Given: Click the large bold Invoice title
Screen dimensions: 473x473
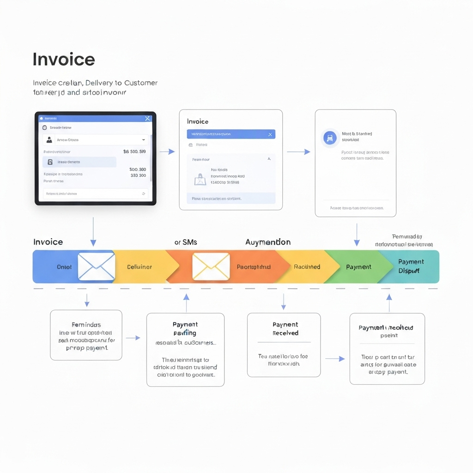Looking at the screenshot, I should click(x=64, y=60).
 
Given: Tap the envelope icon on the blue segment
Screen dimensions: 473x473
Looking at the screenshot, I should click(x=96, y=267).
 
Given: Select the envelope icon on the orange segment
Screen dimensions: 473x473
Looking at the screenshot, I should click(x=211, y=267).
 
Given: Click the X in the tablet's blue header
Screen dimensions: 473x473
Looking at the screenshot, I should click(x=147, y=119).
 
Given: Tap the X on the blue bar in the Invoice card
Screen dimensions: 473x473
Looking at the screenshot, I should click(x=270, y=134).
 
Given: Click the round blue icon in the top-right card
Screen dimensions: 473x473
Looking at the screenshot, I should click(x=330, y=137).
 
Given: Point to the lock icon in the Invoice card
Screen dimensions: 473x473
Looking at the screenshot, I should click(x=200, y=179).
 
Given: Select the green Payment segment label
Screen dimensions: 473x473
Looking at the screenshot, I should click(x=358, y=267).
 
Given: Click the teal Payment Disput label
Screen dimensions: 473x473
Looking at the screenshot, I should click(x=411, y=267).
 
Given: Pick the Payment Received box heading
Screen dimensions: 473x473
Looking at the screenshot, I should click(x=285, y=328).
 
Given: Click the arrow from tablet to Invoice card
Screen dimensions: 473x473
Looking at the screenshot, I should click(x=167, y=152).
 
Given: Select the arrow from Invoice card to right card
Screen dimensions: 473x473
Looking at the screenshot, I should click(x=298, y=152).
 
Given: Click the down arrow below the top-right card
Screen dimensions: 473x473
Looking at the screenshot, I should click(x=357, y=235).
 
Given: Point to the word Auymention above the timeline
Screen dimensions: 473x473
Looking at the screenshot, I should click(x=268, y=242).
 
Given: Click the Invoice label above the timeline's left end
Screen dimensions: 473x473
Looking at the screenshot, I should click(x=48, y=242).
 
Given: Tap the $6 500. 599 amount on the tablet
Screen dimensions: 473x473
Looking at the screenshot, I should click(x=134, y=152).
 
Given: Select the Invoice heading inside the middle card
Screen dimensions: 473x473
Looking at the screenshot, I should click(x=198, y=121).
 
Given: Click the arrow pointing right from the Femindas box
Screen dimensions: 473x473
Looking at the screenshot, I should click(x=133, y=338).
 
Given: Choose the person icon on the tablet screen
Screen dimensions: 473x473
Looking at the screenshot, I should click(x=49, y=139).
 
